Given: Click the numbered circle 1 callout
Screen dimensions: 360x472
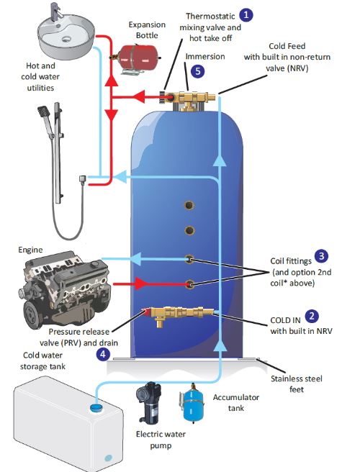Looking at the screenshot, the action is (246, 14).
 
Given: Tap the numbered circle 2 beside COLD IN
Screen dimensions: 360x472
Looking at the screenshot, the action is (312, 316).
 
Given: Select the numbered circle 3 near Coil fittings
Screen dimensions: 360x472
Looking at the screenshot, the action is (321, 256).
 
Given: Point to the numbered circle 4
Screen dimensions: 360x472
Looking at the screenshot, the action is (103, 354).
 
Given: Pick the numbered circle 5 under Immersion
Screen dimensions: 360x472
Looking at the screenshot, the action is (197, 71).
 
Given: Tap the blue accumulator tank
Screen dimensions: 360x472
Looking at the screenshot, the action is (192, 402).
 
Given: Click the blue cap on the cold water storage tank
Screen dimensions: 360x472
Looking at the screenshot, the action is (96, 408).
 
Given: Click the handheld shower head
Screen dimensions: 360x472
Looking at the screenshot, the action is (45, 112).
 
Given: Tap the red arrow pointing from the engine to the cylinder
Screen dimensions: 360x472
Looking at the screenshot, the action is (140, 283).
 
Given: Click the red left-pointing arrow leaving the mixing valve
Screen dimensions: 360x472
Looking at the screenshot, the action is (139, 97).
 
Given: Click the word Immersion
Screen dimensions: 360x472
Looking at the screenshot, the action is (205, 56).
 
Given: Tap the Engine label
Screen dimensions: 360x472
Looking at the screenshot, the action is (30, 250).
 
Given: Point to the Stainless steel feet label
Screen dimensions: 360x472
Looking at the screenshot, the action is (297, 383).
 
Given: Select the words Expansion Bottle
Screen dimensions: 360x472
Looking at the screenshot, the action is (147, 29).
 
